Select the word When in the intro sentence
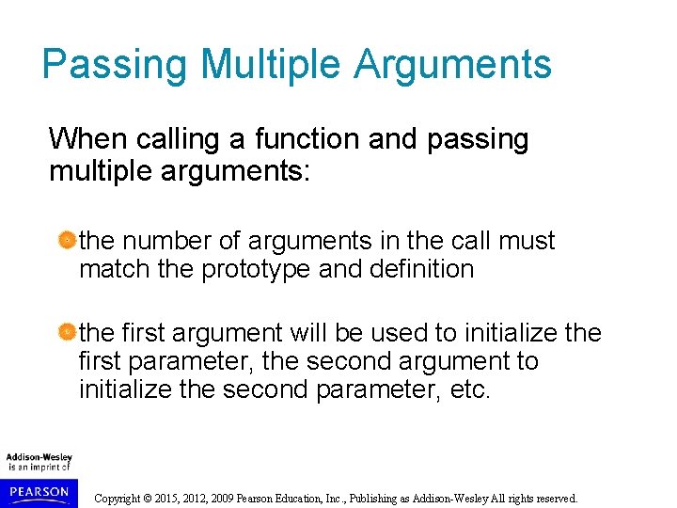pos(88,139)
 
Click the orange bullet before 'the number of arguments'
pos(66,242)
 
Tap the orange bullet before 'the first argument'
pos(66,333)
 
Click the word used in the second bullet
pos(401,332)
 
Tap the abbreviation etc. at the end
pos(469,389)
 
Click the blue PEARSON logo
pos(38,492)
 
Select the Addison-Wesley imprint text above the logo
pos(39,458)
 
